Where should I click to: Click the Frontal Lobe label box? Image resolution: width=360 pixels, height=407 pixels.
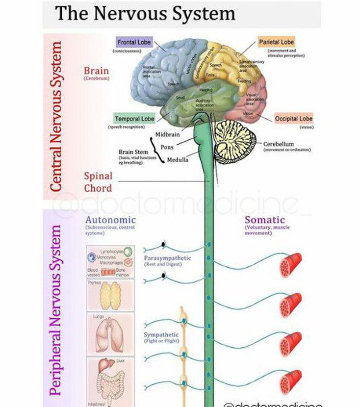click(x=134, y=42)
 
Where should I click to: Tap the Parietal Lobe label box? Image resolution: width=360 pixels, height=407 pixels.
click(x=277, y=42)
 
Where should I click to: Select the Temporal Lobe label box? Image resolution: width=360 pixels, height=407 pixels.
click(x=134, y=119)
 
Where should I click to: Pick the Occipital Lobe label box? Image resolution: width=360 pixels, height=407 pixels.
click(x=293, y=119)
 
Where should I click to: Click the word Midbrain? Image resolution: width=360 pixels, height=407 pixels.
click(x=167, y=134)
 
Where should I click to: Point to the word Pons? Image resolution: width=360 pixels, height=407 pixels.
click(x=167, y=147)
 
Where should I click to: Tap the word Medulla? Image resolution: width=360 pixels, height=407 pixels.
click(x=178, y=160)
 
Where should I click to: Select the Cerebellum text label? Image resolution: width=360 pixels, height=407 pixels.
click(x=278, y=144)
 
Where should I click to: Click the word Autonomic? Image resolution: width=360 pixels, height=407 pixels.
click(x=110, y=220)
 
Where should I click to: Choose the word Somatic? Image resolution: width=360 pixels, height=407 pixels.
click(x=264, y=220)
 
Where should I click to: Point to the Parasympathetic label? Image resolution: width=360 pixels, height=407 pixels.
click(x=167, y=258)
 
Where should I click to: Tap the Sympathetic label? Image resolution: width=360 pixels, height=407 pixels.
click(x=161, y=334)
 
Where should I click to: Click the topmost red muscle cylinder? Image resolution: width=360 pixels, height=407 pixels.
click(x=290, y=265)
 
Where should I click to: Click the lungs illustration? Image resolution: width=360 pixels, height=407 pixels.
click(x=109, y=333)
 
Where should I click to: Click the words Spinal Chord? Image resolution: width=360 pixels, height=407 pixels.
click(x=98, y=182)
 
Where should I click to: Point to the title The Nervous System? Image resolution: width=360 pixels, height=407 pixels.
click(x=145, y=13)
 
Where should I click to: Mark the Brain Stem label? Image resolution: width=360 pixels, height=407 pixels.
click(x=133, y=152)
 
